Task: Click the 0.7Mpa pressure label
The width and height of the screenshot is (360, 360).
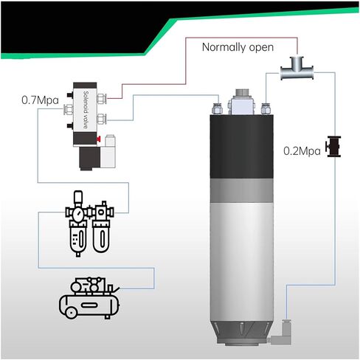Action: (x=40, y=100)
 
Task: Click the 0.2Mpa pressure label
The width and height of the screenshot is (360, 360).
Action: (x=302, y=151)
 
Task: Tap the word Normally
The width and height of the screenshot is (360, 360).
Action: (x=224, y=47)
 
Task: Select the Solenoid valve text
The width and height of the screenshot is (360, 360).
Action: (x=86, y=110)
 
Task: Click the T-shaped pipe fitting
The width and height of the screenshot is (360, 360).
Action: (x=297, y=69)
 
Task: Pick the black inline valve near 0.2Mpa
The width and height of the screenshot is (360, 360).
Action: (x=333, y=147)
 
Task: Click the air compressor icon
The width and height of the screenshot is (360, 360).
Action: (x=89, y=298)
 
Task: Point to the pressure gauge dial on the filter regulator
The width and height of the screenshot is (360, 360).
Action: (x=78, y=214)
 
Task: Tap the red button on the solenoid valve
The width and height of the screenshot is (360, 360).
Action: (x=99, y=139)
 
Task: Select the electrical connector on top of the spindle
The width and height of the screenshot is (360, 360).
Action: (x=241, y=102)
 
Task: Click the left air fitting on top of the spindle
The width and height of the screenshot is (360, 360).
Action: (x=217, y=109)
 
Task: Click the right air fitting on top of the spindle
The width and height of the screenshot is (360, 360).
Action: (x=266, y=109)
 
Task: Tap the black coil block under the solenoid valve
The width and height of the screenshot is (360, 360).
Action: (x=89, y=159)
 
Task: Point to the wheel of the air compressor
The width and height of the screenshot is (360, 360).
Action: (x=71, y=313)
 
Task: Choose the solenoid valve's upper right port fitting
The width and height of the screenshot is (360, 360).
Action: (x=102, y=99)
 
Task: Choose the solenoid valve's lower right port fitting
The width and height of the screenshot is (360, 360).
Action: (x=102, y=119)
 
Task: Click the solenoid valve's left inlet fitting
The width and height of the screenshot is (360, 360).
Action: (x=69, y=109)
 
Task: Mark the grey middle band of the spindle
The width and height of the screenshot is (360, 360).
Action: (x=241, y=190)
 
